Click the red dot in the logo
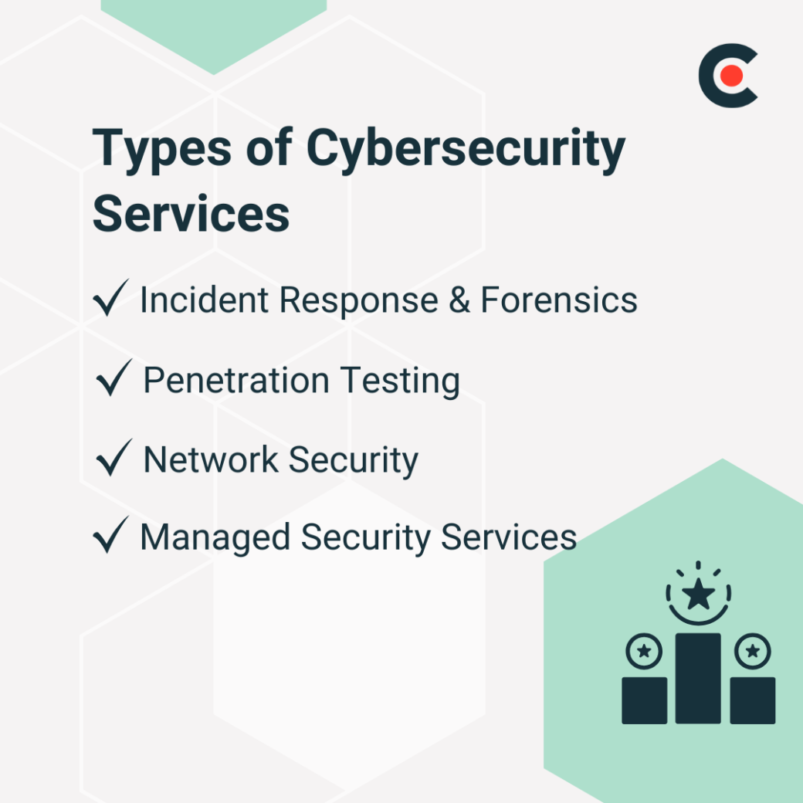click(733, 76)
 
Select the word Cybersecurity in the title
click(466, 150)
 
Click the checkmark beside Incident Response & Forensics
click(110, 300)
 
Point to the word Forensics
click(559, 300)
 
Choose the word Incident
click(204, 300)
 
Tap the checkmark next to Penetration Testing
click(113, 380)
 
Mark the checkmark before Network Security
click(113, 459)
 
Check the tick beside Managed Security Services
click(110, 537)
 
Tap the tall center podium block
click(698, 678)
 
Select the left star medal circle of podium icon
click(643, 652)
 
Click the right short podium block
click(752, 700)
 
